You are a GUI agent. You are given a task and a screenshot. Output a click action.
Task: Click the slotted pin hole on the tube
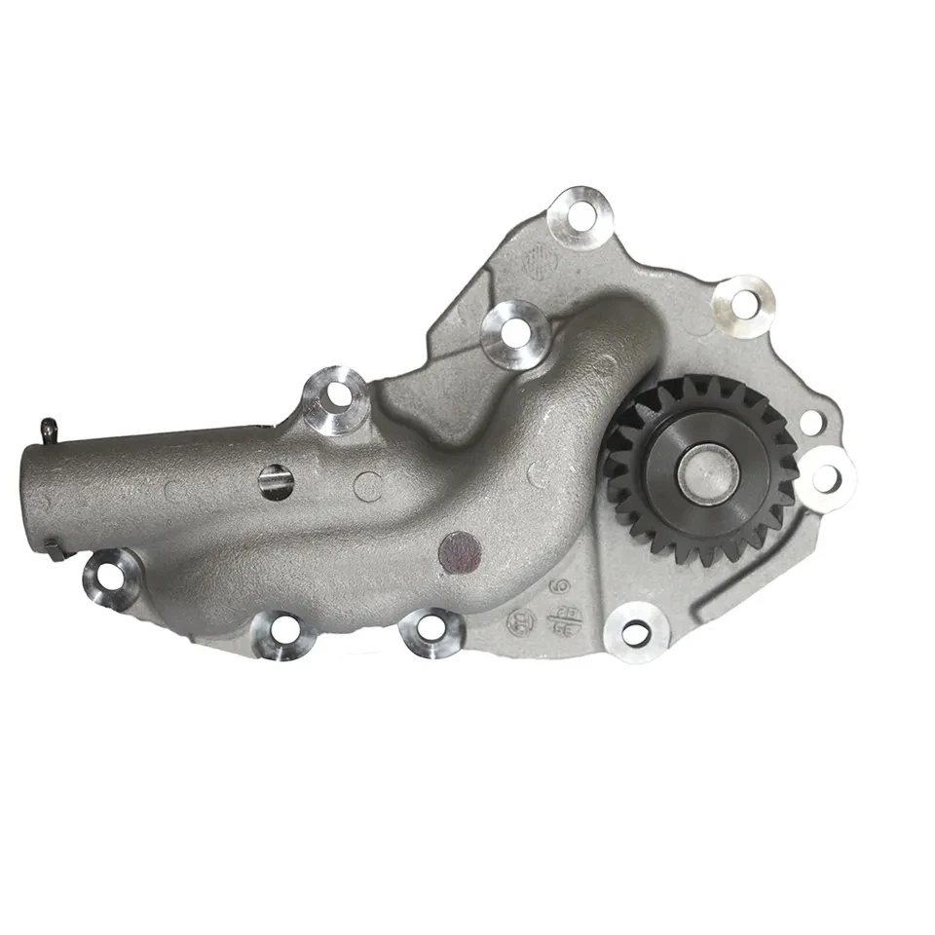coord(276,480)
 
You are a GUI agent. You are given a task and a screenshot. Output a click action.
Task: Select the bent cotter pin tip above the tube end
coord(48,426)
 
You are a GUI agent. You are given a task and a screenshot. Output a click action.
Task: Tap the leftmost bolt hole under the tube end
coord(111,575)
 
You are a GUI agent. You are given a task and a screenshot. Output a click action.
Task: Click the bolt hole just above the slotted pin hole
coord(334,396)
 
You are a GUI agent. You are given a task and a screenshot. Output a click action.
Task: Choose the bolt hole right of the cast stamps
coord(636,635)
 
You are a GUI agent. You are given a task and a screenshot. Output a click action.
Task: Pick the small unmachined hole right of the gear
coord(809,422)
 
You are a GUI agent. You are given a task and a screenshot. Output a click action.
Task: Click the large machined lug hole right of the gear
coord(826,477)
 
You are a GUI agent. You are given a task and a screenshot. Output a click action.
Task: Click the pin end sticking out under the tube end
coord(57,553)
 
